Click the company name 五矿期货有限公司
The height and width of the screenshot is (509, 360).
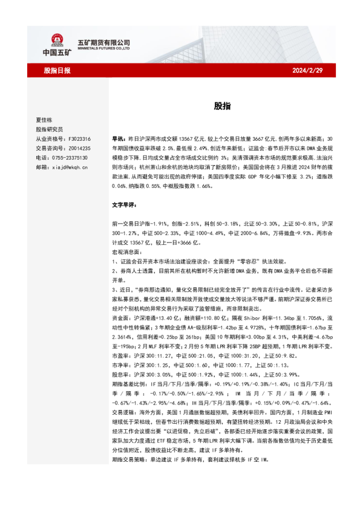104,42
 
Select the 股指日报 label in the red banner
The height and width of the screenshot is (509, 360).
57,71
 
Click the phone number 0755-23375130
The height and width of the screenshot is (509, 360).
71,157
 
